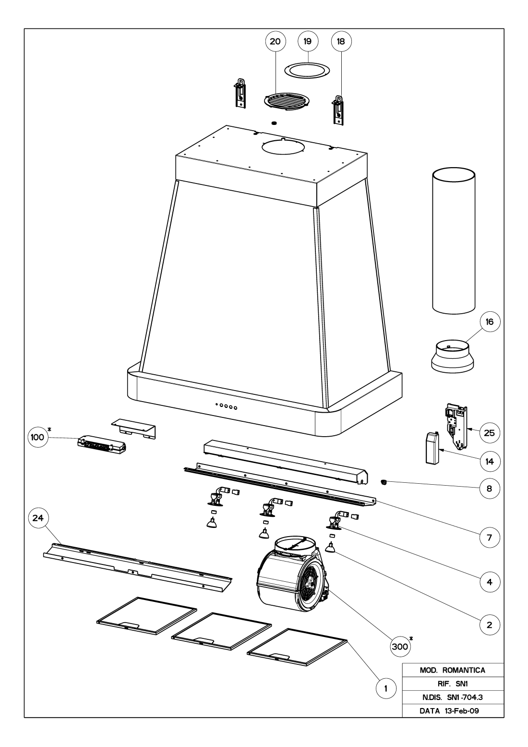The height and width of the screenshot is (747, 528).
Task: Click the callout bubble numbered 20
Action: pyautogui.click(x=275, y=42)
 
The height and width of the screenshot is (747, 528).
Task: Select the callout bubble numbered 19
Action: pyautogui.click(x=308, y=42)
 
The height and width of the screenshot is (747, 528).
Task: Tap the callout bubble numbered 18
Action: pyautogui.click(x=341, y=42)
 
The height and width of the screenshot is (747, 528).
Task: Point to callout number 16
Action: pyautogui.click(x=489, y=321)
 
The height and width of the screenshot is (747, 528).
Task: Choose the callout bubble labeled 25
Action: pyautogui.click(x=489, y=433)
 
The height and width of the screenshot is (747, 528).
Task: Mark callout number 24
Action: pyautogui.click(x=38, y=518)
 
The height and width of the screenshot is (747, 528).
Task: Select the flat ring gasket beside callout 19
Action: pyautogui.click(x=308, y=70)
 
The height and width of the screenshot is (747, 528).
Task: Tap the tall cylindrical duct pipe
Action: pyautogui.click(x=454, y=240)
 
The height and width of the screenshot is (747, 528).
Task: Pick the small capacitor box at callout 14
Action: pyautogui.click(x=433, y=446)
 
